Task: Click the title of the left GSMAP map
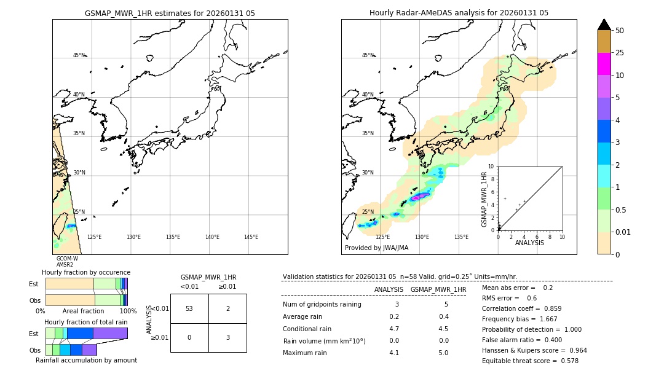170,13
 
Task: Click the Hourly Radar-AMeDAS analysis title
459,13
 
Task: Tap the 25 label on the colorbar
620,53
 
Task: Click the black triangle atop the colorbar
604,25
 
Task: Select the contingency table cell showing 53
189,308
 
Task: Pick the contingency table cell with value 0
189,337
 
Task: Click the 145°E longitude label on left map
251,237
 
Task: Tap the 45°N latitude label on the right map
368,55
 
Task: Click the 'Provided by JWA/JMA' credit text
376,248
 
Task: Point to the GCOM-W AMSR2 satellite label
66,262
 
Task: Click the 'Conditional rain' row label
308,329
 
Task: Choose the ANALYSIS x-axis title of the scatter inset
529,243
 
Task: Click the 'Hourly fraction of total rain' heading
85,322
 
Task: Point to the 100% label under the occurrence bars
128,311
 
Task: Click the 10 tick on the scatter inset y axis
491,166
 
